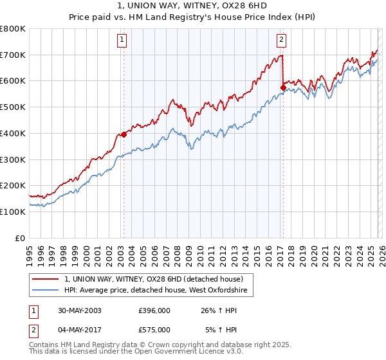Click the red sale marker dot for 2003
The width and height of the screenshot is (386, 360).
click(124, 135)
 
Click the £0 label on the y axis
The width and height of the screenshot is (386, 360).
click(20, 238)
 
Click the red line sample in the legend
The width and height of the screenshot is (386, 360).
click(46, 280)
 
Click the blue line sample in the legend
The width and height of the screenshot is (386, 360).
click(46, 291)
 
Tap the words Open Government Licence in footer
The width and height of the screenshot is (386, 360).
click(159, 353)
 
